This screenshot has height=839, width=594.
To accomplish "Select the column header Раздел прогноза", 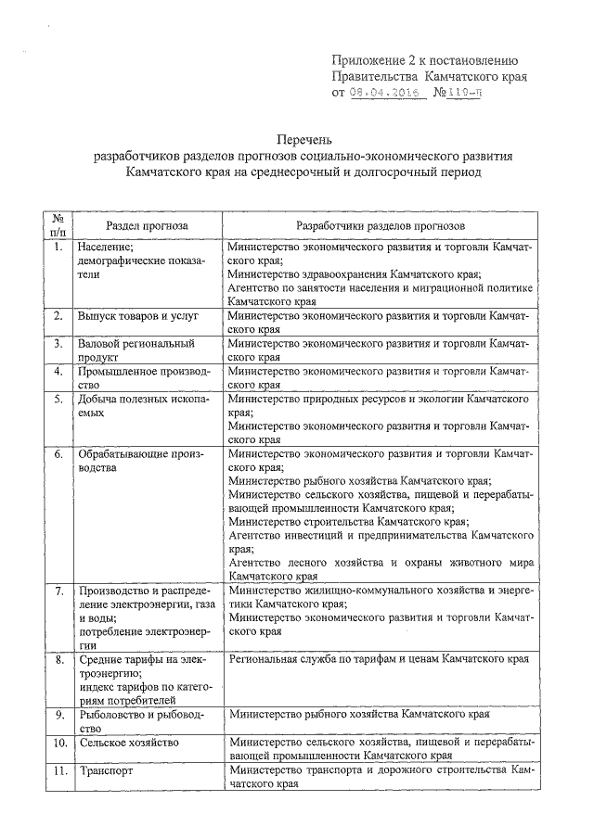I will (146, 225).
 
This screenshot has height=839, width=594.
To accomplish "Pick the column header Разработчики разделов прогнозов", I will (380, 225).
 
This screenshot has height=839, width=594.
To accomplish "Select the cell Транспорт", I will (107, 770).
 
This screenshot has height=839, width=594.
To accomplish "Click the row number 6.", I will (58, 455).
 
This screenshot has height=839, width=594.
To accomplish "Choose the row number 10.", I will (58, 744).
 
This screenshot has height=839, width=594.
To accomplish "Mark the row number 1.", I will (58, 248).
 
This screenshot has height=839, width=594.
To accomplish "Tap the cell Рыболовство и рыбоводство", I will (139, 721).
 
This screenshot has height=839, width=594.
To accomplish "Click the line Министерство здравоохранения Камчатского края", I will (354, 274).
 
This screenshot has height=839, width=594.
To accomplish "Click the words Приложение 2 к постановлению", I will (431, 60).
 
